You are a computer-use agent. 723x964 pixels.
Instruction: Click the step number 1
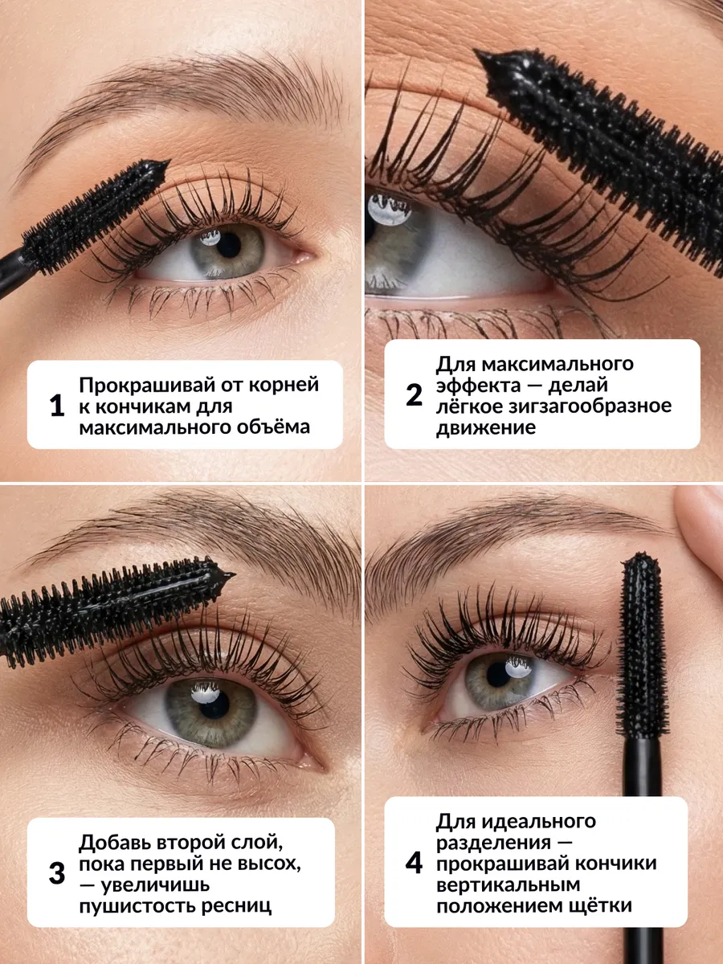[x=57, y=406]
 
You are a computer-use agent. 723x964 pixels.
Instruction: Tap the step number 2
[x=414, y=394]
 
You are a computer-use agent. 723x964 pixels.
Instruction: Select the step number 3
[x=57, y=873]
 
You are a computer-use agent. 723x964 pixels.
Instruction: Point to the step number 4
[x=414, y=863]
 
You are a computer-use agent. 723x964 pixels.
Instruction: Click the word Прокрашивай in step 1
[x=147, y=386]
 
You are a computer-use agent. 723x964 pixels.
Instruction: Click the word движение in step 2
[x=486, y=427]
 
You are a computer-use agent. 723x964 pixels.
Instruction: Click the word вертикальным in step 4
[x=508, y=884]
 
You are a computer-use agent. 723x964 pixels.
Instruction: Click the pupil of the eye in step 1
[x=229, y=245]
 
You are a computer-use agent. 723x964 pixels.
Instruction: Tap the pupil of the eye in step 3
[x=214, y=704]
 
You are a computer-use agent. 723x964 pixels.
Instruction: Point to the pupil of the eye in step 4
[x=499, y=674]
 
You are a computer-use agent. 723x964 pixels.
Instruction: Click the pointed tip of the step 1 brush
[x=169, y=161]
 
